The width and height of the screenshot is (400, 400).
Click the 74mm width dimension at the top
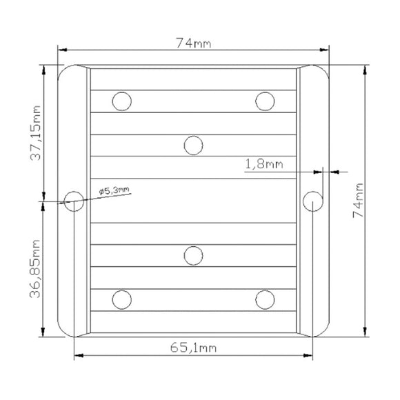coord(194,43)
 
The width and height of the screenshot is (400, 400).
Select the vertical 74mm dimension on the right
coord(358,201)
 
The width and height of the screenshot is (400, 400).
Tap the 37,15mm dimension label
coord(35,133)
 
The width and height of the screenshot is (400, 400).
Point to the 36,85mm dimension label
coord(35,269)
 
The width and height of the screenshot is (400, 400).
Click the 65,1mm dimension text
coord(193,348)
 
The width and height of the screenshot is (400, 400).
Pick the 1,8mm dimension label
coord(264,163)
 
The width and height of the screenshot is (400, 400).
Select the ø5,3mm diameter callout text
coord(114,190)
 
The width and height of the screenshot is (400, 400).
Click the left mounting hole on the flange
coord(74,201)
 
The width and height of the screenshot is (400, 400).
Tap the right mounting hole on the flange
coord(312,201)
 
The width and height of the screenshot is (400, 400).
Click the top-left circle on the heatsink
coord(122,101)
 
